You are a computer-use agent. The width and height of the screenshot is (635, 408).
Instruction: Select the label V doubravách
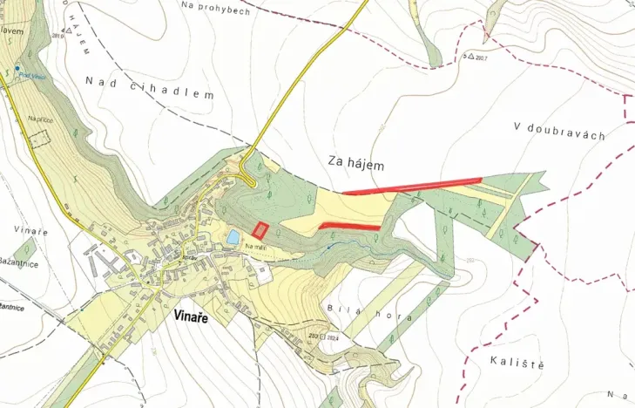[559, 130]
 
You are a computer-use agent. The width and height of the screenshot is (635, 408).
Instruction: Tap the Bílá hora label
[368, 316]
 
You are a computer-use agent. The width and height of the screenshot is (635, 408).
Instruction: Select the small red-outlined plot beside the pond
[260, 230]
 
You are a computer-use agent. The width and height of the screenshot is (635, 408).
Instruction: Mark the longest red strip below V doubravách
[412, 186]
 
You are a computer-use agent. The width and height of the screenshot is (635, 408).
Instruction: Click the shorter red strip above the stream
[349, 227]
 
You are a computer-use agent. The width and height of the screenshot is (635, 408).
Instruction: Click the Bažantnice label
[19, 262]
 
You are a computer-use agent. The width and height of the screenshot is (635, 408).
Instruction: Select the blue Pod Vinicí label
[33, 77]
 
